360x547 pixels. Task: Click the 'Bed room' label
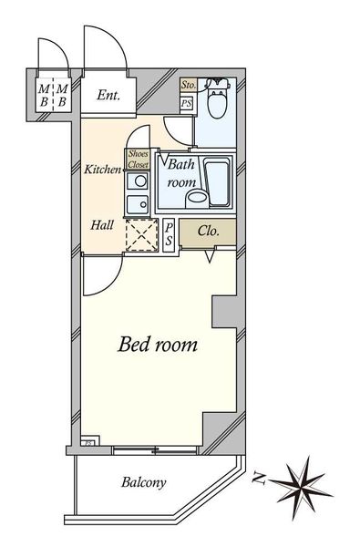(x=158, y=345)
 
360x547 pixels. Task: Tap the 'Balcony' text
(x=143, y=482)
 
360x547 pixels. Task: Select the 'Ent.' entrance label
(x=108, y=95)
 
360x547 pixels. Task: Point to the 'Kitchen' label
(x=103, y=170)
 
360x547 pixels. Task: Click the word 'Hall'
(x=102, y=225)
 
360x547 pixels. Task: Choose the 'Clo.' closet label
(x=209, y=231)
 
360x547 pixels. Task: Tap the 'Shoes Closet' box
(x=139, y=160)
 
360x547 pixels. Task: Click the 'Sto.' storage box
(x=189, y=85)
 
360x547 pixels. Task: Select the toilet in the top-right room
(x=217, y=98)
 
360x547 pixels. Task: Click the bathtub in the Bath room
(x=218, y=182)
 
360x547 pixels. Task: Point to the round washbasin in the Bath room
(x=197, y=197)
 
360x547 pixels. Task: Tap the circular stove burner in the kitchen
(x=140, y=181)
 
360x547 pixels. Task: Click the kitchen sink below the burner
(x=137, y=204)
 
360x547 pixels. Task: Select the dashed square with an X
(x=141, y=235)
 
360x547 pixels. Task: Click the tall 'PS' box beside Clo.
(x=169, y=235)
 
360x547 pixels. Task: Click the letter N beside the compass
(x=260, y=479)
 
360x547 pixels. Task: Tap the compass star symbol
(x=301, y=488)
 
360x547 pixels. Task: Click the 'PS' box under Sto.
(x=187, y=104)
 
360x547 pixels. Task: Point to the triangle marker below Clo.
(x=210, y=256)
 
